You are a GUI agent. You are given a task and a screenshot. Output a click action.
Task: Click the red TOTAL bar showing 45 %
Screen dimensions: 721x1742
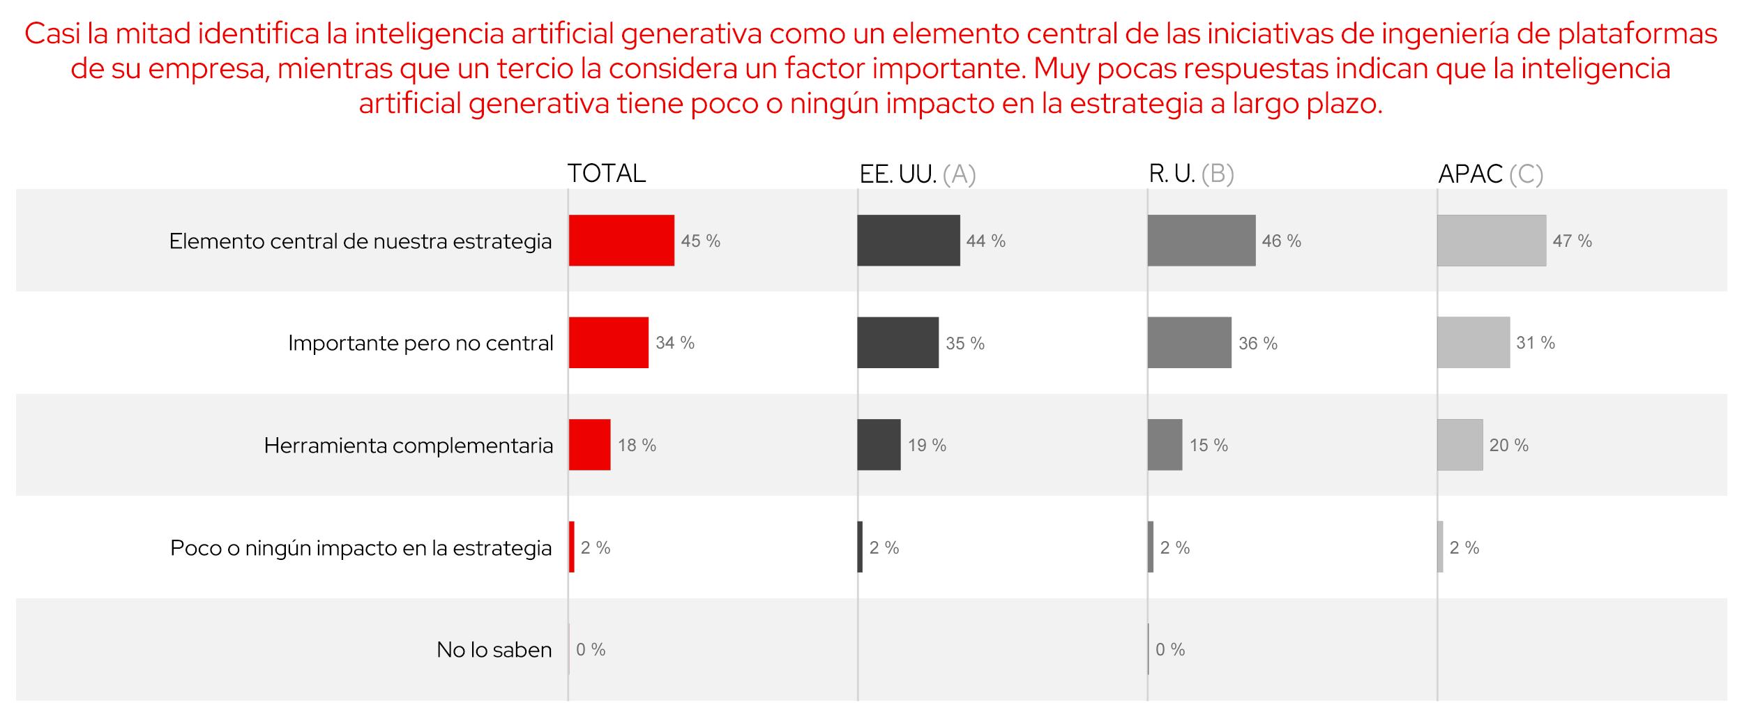pyautogui.click(x=621, y=241)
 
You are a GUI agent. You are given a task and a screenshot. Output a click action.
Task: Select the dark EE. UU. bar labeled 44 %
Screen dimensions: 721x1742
pyautogui.click(x=908, y=241)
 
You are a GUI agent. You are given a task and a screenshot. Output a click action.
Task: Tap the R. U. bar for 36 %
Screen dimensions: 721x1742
pyautogui.click(x=1189, y=342)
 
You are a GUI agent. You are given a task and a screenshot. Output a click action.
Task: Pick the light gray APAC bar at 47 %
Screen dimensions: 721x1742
pyautogui.click(x=1491, y=241)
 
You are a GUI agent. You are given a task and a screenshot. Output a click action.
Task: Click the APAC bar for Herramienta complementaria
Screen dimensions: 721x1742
pyautogui.click(x=1460, y=445)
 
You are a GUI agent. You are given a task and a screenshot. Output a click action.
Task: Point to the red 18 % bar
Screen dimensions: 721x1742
pyautogui.click(x=589, y=445)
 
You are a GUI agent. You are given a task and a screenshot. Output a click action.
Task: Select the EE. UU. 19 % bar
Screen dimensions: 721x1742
pyautogui.click(x=879, y=445)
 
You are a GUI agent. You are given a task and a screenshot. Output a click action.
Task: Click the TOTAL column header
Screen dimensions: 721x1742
pyautogui.click(x=606, y=174)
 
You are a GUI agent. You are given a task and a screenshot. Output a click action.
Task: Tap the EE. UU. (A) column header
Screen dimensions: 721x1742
pyautogui.click(x=917, y=174)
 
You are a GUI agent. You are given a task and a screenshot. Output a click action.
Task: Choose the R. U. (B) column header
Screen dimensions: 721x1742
pyautogui.click(x=1191, y=174)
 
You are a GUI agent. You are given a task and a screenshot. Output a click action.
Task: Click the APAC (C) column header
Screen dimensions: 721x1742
pyautogui.click(x=1490, y=174)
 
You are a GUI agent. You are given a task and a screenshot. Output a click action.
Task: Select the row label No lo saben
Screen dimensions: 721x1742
pyautogui.click(x=494, y=650)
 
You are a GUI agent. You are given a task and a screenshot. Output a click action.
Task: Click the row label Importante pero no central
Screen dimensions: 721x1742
pyautogui.click(x=421, y=343)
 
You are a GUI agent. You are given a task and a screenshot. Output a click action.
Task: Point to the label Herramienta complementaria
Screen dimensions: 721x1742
pyautogui.click(x=408, y=446)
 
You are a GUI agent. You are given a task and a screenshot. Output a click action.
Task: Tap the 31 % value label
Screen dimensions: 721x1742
pyautogui.click(x=1535, y=343)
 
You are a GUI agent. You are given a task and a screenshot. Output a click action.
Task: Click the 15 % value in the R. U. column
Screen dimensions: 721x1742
pyautogui.click(x=1209, y=446)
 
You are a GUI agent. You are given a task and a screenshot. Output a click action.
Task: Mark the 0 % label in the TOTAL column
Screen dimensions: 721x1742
pyautogui.click(x=590, y=650)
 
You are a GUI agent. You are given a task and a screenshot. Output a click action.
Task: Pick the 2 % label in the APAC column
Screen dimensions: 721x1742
pyautogui.click(x=1464, y=548)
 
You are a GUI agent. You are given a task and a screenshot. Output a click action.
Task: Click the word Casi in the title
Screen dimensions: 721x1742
pyautogui.click(x=52, y=33)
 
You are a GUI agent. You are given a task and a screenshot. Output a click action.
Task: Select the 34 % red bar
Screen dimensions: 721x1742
pyautogui.click(x=608, y=342)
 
